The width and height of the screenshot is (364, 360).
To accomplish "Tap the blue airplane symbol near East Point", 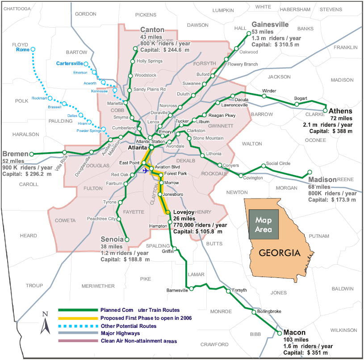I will coord(145,170).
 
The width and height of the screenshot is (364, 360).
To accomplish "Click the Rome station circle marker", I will coord(33,50).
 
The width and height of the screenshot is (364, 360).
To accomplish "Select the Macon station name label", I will coord(294,333).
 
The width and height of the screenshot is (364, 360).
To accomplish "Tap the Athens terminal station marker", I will coord(325,110).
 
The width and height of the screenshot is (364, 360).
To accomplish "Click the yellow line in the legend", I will coord(78,318).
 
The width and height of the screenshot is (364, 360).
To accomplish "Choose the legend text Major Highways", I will coord(120,333).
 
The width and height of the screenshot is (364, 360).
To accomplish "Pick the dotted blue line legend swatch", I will coord(78,326).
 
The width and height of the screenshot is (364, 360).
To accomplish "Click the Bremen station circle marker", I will coord(31,154).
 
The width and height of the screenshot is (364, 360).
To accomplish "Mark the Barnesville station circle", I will coord(191,289).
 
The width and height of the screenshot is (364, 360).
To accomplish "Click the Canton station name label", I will coord(152,30).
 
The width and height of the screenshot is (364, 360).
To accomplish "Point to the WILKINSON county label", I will coord(344,330).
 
